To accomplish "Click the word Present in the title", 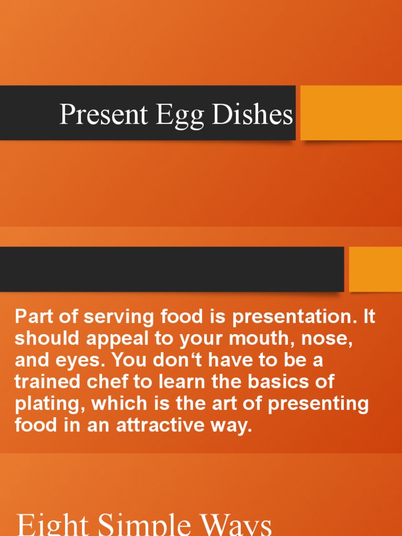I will point(104,114).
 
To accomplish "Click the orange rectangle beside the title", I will point(351,113).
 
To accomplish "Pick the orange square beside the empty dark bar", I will point(375,269).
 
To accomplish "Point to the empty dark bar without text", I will point(172,269).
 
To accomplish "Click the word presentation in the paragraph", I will point(283,317).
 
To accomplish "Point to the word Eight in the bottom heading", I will point(48,526).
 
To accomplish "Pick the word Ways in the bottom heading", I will point(236,526).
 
